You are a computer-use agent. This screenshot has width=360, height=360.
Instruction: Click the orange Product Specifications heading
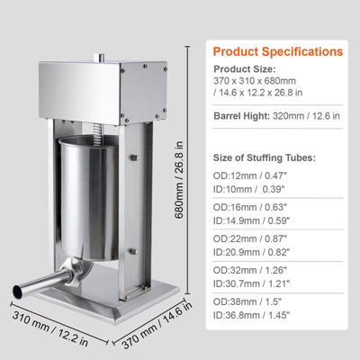(x=278, y=51)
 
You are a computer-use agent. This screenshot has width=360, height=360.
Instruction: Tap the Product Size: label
(x=245, y=69)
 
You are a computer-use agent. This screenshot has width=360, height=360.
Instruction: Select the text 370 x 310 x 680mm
(x=255, y=81)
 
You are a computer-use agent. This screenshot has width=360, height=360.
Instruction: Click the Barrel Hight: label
(x=242, y=116)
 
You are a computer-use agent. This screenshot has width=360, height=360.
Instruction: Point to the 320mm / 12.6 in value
(x=306, y=116)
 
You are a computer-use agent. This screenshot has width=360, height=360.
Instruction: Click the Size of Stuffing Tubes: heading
(x=265, y=157)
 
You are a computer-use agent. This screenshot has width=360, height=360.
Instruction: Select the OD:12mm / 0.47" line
(x=250, y=175)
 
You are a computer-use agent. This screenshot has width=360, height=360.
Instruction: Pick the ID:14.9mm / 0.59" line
(x=252, y=220)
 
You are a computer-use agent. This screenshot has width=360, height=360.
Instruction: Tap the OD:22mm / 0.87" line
(x=250, y=238)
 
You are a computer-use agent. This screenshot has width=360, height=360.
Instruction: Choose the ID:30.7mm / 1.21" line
(x=252, y=283)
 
